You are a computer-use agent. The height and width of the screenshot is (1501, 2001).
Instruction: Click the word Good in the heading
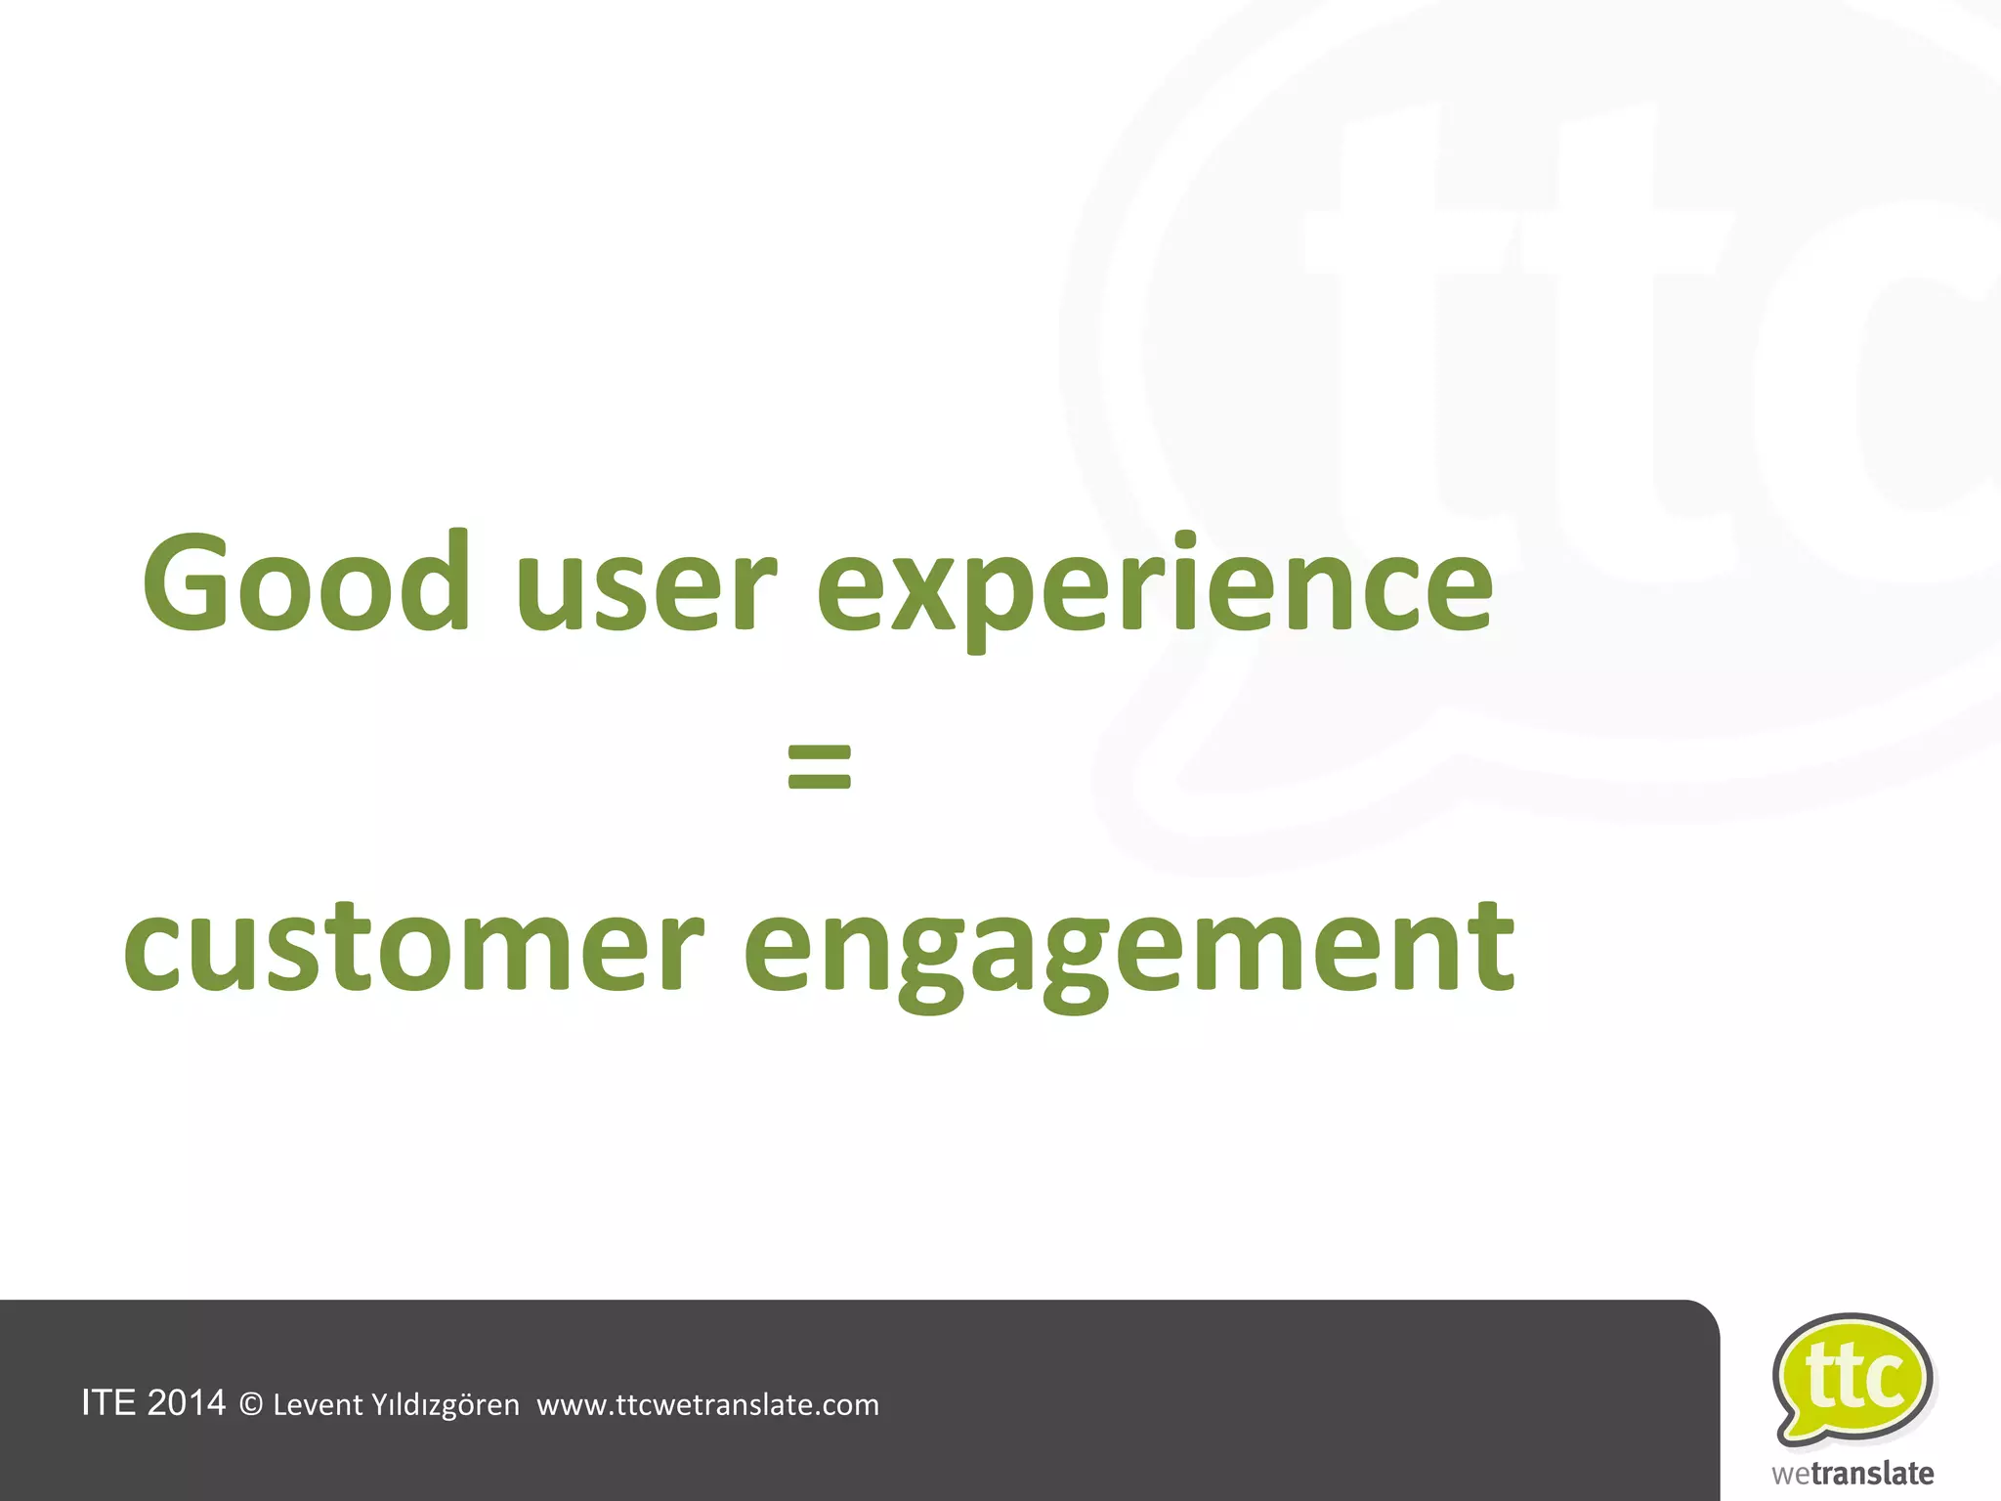coord(307,583)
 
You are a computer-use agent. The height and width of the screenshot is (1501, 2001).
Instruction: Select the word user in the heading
coord(646,591)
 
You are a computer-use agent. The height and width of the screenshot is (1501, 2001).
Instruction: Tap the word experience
coord(1154,591)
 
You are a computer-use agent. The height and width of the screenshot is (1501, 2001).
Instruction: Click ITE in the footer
coord(108,1403)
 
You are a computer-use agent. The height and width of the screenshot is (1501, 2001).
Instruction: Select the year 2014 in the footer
coord(186,1403)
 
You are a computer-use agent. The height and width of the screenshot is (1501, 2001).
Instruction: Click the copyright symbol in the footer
coord(251,1405)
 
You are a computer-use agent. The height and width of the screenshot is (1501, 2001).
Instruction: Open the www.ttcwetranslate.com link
coord(708,1405)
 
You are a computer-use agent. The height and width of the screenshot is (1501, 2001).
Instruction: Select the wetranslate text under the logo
coord(1853,1474)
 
